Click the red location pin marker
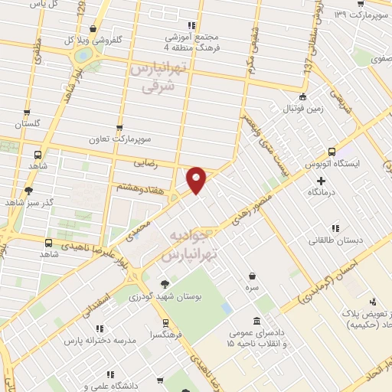click(197, 179)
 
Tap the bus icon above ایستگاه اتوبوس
click(331, 152)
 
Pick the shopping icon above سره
click(252, 276)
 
